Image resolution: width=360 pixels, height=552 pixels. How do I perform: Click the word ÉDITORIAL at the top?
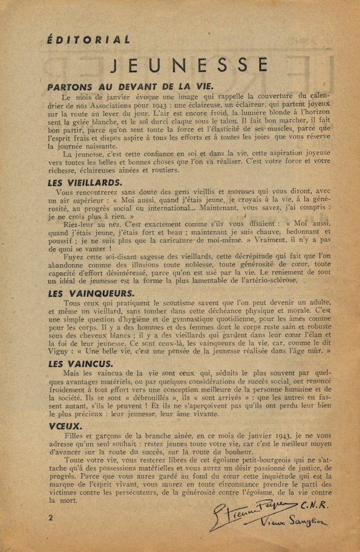point(88,40)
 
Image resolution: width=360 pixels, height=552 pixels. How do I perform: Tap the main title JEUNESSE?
point(190,64)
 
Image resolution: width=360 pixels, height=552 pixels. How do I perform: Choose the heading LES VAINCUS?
point(80,364)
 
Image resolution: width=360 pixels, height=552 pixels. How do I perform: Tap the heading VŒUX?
point(61,425)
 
